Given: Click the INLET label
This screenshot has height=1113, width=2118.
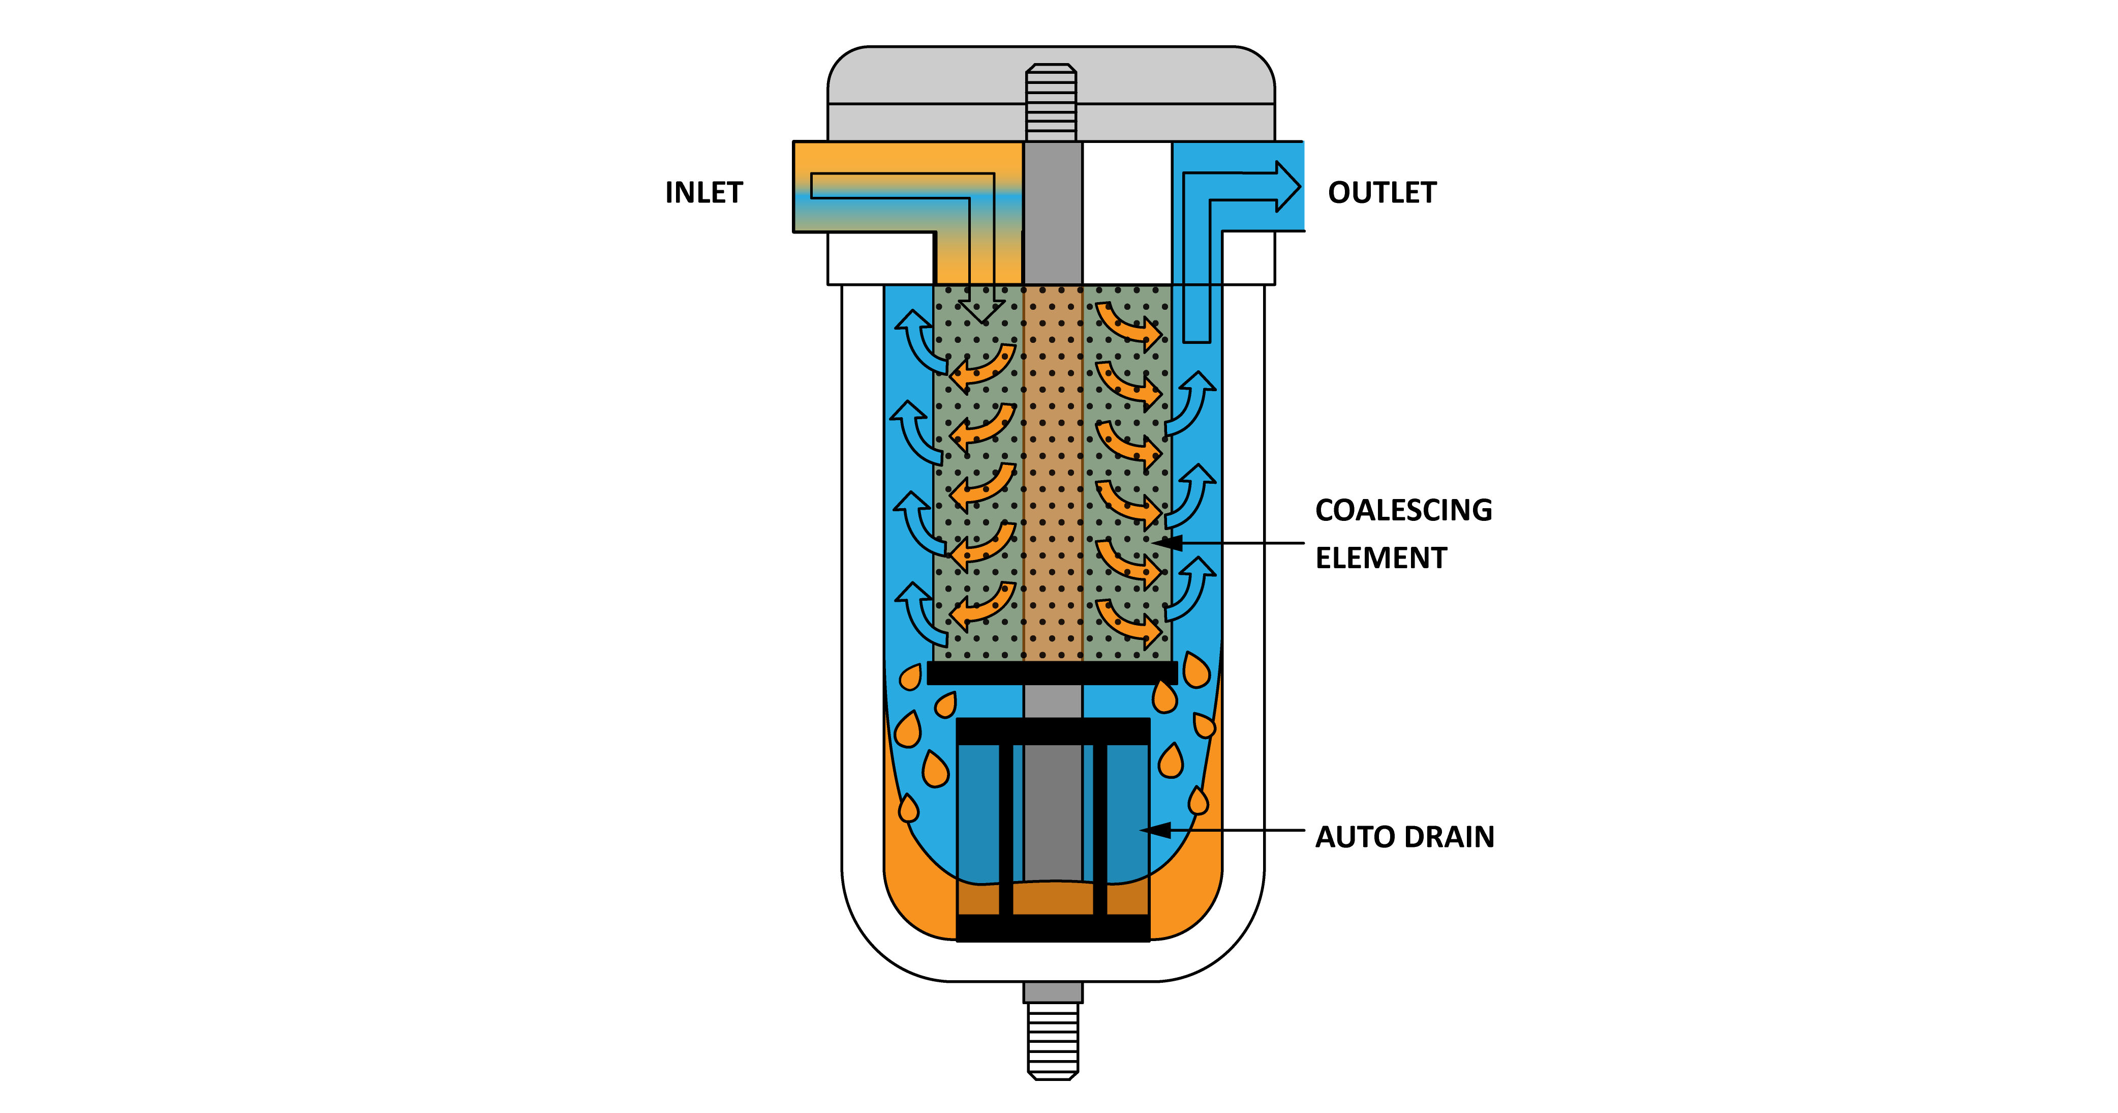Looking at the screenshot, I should (704, 192).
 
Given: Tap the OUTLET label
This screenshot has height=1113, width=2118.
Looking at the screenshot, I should (1382, 192).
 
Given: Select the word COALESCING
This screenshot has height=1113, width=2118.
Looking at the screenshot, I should (1403, 510).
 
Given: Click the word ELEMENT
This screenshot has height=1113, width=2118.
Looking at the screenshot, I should (1380, 558).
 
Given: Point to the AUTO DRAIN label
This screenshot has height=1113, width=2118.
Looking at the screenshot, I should (1404, 837).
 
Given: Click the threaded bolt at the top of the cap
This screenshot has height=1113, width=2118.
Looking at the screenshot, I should (1051, 102).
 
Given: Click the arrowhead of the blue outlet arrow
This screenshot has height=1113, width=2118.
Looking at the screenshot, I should (1287, 187).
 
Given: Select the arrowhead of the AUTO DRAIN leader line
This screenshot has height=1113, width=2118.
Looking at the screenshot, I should (1156, 830).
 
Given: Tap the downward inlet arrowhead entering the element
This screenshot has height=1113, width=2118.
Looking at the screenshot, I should (981, 310).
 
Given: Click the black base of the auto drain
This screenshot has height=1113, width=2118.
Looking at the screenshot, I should (1053, 928).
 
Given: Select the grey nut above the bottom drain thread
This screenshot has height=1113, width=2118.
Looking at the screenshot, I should (1053, 992).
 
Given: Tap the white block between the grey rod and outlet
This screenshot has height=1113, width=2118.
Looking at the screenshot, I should (1126, 212).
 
